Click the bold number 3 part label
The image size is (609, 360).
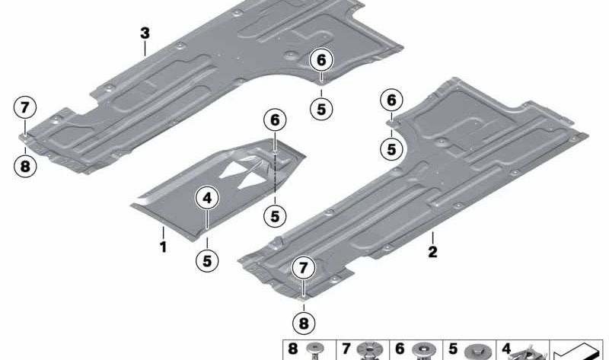pos(145,33)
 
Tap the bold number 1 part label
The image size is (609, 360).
pos(164,247)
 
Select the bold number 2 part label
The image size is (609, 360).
pos(432,252)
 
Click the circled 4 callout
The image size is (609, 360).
pos(207,198)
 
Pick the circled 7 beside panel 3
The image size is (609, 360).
pos(25,107)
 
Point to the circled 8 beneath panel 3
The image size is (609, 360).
pos(25,167)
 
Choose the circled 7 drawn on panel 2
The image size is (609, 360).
pos(303,268)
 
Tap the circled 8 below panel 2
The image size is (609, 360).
pos(304,323)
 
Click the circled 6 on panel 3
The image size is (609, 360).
pos(321,60)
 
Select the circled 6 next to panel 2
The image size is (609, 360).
pos(391,100)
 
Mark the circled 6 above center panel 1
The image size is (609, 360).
pos(275,120)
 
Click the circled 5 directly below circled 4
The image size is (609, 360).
pos(207,260)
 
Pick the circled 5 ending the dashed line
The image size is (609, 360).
pos(275,216)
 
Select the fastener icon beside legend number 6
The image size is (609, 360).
pos(422,351)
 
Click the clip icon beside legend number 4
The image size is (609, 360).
pos(528,352)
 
